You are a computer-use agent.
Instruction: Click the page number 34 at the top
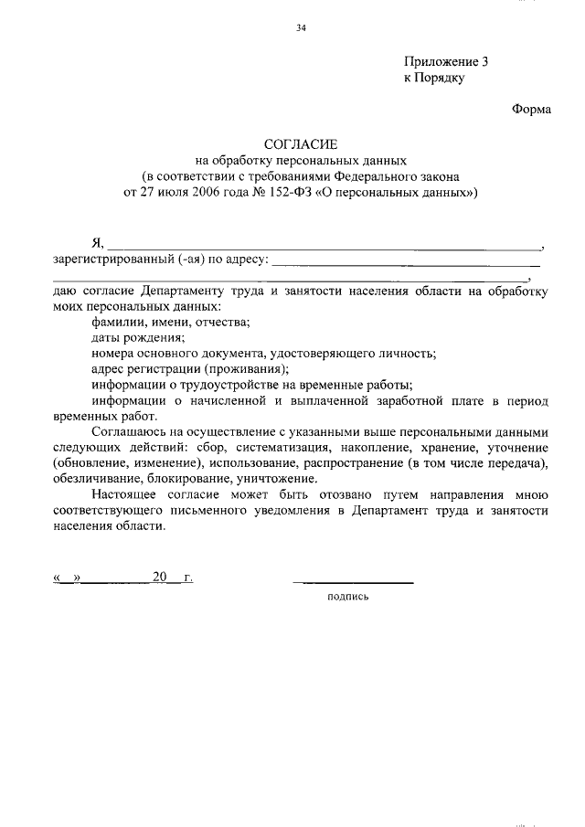301,28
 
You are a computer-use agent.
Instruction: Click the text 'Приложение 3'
447,62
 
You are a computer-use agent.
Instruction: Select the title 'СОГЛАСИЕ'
301,144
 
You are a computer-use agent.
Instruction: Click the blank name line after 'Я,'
324,246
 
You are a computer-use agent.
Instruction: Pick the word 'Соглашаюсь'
129,431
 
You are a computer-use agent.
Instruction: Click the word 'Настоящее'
123,495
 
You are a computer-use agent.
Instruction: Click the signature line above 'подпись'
353,580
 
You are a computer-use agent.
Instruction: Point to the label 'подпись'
347,598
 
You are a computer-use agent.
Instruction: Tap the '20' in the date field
161,578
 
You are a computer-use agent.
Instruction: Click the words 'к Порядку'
434,79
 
